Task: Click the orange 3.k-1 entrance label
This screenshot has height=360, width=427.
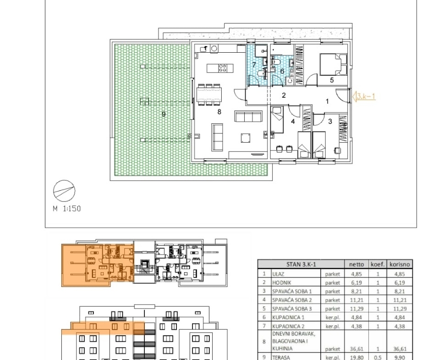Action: pyautogui.click(x=366, y=96)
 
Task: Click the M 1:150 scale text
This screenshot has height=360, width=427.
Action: pyautogui.click(x=67, y=209)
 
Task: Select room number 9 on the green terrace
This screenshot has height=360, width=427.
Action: pyautogui.click(x=164, y=114)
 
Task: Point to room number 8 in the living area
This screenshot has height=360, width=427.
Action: pyautogui.click(x=219, y=112)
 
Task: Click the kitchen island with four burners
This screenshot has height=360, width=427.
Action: pyautogui.click(x=220, y=68)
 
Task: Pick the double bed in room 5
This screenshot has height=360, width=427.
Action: pyautogui.click(x=334, y=65)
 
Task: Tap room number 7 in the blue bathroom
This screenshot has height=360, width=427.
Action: pyautogui.click(x=254, y=65)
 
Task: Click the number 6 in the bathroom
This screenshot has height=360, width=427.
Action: pyautogui.click(x=282, y=72)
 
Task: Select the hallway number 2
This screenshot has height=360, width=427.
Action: pyautogui.click(x=284, y=95)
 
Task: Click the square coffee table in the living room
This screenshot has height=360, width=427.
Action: pyautogui.click(x=246, y=138)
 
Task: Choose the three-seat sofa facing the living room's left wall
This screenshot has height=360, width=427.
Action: pyautogui.click(x=217, y=137)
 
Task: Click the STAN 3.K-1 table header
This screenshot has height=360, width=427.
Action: pyautogui.click(x=301, y=264)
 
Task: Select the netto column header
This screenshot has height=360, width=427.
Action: pyautogui.click(x=356, y=264)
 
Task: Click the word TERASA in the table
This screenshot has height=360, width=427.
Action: pyautogui.click(x=281, y=357)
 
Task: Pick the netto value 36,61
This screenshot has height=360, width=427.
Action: pyautogui.click(x=356, y=349)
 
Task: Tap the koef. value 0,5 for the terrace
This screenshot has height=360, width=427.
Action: pyautogui.click(x=378, y=357)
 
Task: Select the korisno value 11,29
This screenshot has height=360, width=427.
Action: pyautogui.click(x=400, y=309)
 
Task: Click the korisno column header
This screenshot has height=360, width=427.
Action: pyautogui.click(x=400, y=264)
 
